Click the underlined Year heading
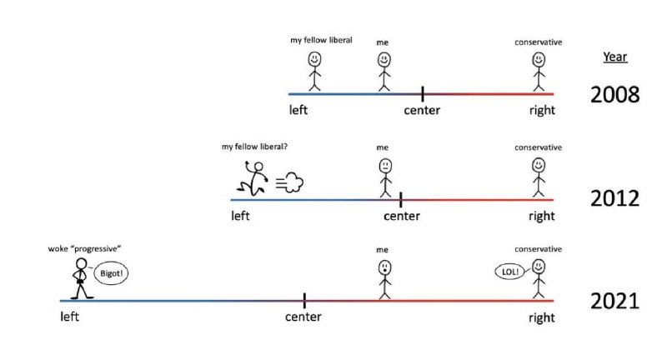pyautogui.click(x=614, y=57)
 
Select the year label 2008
pyautogui.click(x=614, y=94)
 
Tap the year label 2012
pyautogui.click(x=614, y=198)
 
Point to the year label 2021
pyautogui.click(x=614, y=301)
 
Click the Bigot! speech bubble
pyautogui.click(x=111, y=272)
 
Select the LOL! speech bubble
pyautogui.click(x=510, y=272)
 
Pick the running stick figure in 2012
pyautogui.click(x=253, y=178)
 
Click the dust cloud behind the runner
pyautogui.click(x=290, y=182)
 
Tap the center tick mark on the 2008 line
pyautogui.click(x=422, y=94)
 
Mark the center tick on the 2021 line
pyautogui.click(x=304, y=301)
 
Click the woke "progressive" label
pyautogui.click(x=85, y=248)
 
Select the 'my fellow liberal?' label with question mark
pyautogui.click(x=254, y=147)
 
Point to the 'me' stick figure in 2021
pyautogui.click(x=384, y=280)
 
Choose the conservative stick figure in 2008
pyautogui.click(x=539, y=72)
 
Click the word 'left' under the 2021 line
pyautogui.click(x=69, y=317)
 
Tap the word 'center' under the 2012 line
pyautogui.click(x=402, y=216)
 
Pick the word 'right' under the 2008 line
pyautogui.click(x=542, y=111)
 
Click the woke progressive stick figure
pyautogui.click(x=80, y=279)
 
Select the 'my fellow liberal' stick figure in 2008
pyautogui.click(x=314, y=72)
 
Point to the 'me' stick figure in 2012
pyautogui.click(x=385, y=177)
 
